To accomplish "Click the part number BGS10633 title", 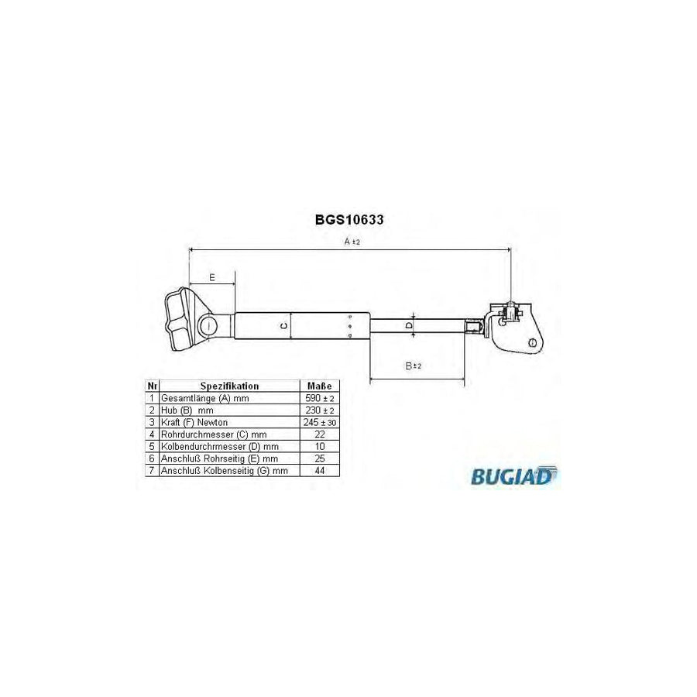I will [348, 219].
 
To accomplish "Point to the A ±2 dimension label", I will [352, 242].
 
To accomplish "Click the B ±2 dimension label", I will [414, 366].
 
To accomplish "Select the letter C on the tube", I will [283, 325].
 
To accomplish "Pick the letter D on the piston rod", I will [410, 326].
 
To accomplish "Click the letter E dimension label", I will [212, 276].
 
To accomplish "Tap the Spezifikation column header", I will [229, 385].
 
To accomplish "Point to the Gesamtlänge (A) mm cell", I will [206, 397].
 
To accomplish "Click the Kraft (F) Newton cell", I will [195, 422].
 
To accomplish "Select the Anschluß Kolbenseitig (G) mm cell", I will [224, 470].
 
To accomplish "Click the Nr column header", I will [152, 385].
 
